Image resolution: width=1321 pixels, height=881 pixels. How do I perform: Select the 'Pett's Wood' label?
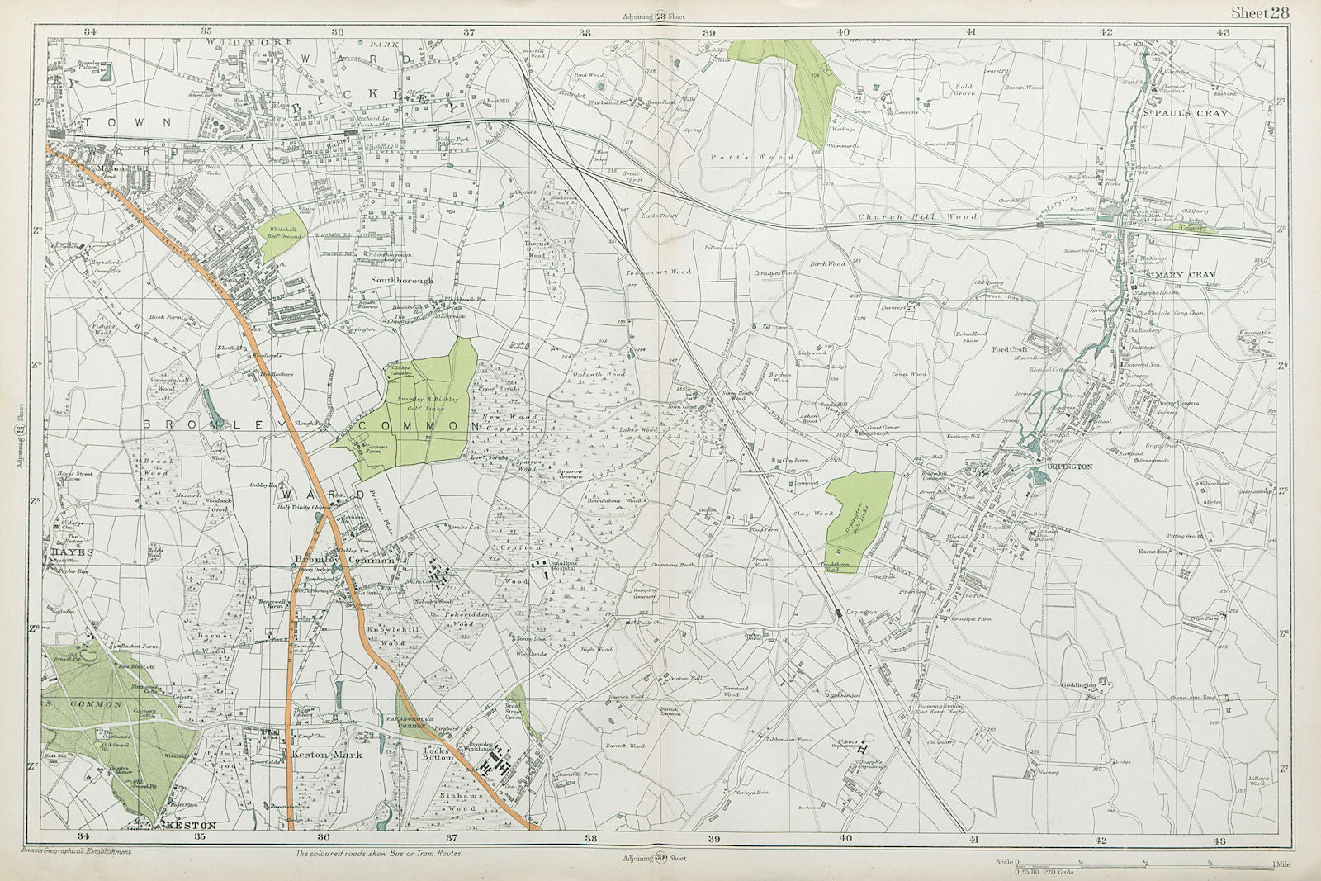(771, 156)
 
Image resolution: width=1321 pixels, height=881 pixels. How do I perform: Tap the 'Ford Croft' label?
(1009, 349)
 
